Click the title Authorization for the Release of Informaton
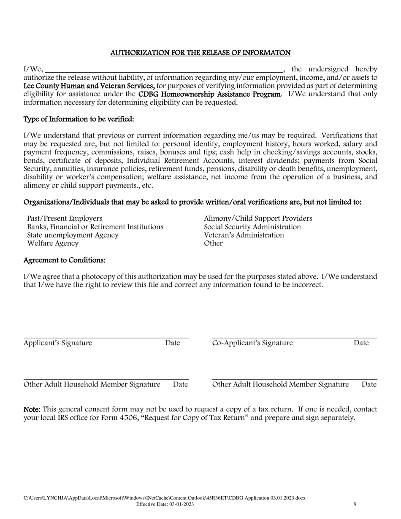[x=200, y=53]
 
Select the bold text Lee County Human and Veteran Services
[x=89, y=86]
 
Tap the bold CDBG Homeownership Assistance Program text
[x=209, y=94]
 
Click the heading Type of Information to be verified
[x=79, y=119]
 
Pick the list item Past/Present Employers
[x=65, y=219]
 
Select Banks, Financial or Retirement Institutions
[x=95, y=227]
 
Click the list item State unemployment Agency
[x=73, y=235]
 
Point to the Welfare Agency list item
[x=53, y=243]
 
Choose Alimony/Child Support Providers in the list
[x=258, y=219]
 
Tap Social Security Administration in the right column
[x=252, y=227]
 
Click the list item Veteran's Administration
[x=244, y=235]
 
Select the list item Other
[x=213, y=243]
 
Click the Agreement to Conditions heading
[x=64, y=260]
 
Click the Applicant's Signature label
[x=58, y=343]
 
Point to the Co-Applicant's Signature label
[x=252, y=343]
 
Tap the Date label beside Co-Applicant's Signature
[x=361, y=343]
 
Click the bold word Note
[x=32, y=409]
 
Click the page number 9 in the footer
[x=355, y=504]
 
